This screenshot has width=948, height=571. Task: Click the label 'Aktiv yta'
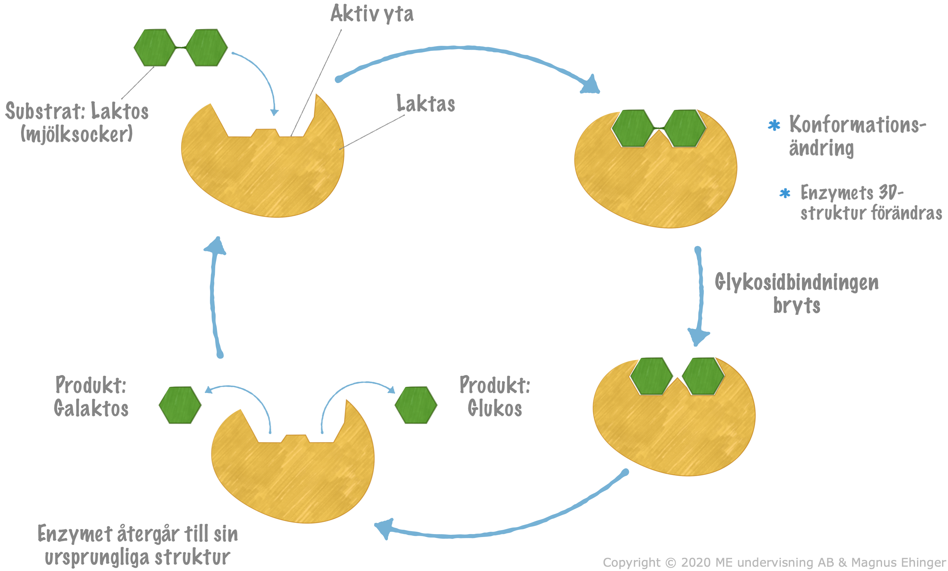pyautogui.click(x=372, y=14)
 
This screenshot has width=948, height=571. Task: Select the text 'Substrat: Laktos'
pyautogui.click(x=77, y=111)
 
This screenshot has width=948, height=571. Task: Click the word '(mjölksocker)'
pyautogui.click(x=76, y=134)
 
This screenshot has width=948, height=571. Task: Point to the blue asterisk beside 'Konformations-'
pyautogui.click(x=774, y=125)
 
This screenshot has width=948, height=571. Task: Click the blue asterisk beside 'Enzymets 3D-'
pyautogui.click(x=785, y=193)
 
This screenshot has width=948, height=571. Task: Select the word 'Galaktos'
pyautogui.click(x=91, y=408)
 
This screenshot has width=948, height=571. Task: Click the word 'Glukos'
pyautogui.click(x=494, y=408)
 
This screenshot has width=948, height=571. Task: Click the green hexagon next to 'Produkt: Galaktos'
pyautogui.click(x=180, y=405)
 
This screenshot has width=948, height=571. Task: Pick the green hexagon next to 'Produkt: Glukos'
pyautogui.click(x=416, y=405)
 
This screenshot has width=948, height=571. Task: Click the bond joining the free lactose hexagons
pyautogui.click(x=181, y=47)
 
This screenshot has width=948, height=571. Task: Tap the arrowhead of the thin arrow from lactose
pyautogui.click(x=274, y=112)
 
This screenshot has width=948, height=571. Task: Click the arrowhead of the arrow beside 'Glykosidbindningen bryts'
pyautogui.click(x=698, y=336)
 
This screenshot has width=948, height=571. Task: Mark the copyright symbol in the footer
pyautogui.click(x=670, y=562)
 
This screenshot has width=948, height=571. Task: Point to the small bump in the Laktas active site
pyautogui.click(x=265, y=132)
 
